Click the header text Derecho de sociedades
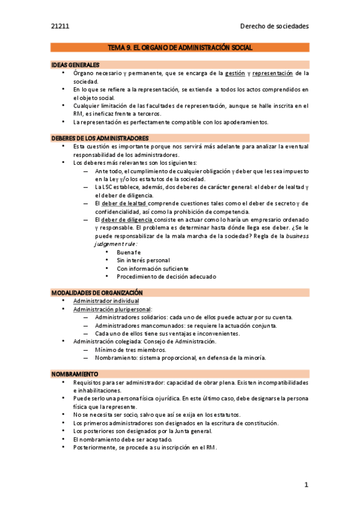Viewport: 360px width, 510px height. [274, 26]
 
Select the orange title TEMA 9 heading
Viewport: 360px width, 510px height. [180, 47]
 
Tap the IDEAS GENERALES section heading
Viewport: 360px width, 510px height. [75, 64]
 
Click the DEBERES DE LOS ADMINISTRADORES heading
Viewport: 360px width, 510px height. [100, 138]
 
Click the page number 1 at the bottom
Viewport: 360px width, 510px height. [306, 485]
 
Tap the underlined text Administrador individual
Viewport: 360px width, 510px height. [106, 301]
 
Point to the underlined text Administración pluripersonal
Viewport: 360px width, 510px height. [112, 309]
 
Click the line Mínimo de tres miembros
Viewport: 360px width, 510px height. [122, 349]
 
